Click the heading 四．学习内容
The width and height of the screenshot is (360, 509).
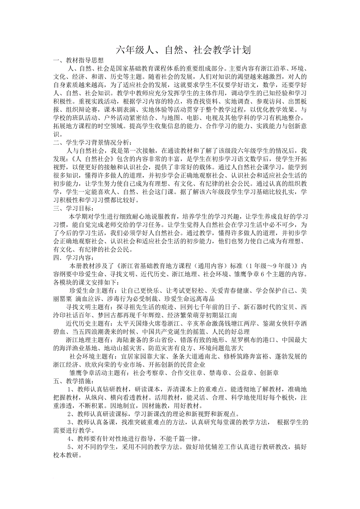pos(73,257)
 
